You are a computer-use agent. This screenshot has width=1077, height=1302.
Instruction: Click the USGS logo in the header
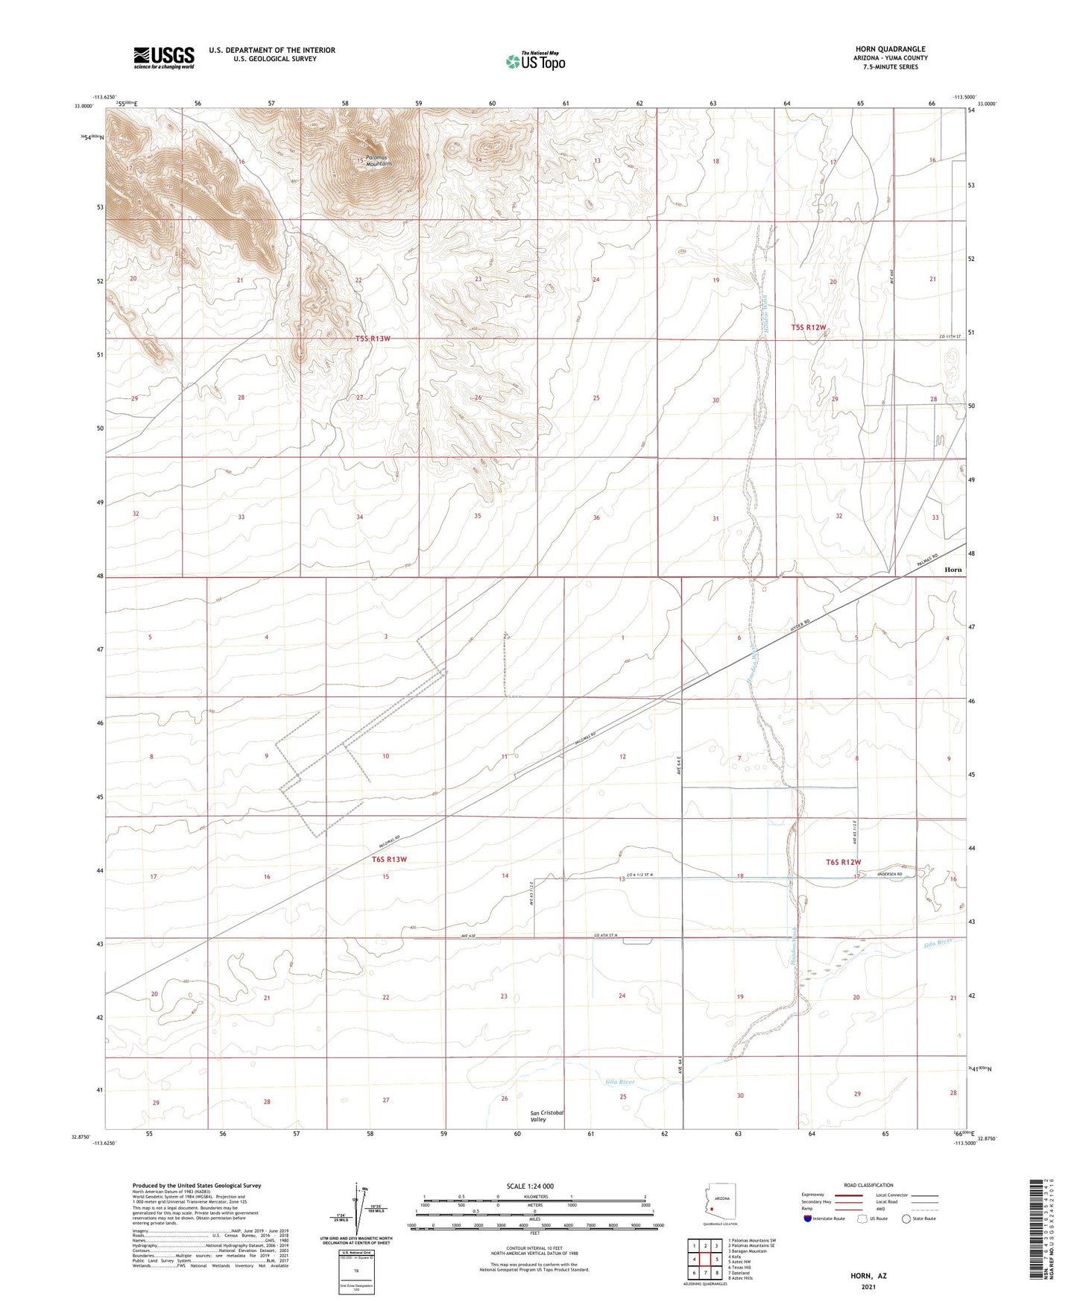(164, 57)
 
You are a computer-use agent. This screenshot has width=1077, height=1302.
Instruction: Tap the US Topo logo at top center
(534, 62)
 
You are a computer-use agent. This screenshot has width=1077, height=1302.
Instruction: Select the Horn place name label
(953, 569)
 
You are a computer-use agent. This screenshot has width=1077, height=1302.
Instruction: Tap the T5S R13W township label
(373, 339)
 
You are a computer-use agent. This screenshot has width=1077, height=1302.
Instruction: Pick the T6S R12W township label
(843, 862)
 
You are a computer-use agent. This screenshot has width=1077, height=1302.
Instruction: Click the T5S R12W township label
(809, 327)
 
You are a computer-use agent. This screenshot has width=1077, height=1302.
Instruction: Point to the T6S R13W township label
(389, 859)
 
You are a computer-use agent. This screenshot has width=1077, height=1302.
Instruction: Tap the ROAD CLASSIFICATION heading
(868, 1185)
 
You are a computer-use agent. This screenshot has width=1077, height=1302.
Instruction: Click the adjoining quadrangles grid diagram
(705, 1260)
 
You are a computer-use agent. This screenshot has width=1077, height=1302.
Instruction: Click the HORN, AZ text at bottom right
(868, 1276)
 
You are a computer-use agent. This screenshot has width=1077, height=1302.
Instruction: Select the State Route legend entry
(918, 1218)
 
